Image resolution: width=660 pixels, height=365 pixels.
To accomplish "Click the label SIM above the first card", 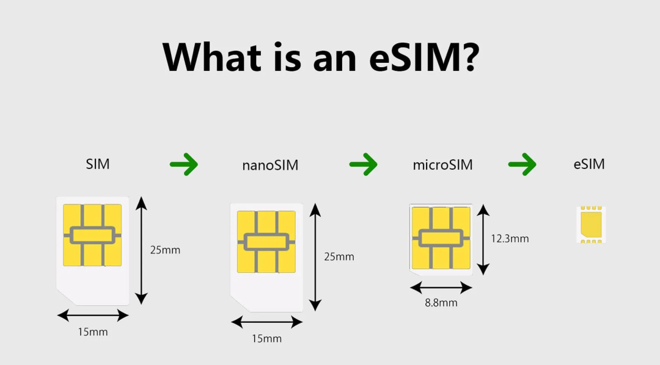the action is pyautogui.click(x=98, y=164).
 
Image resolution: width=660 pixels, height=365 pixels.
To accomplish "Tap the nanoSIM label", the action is pyautogui.click(x=270, y=165).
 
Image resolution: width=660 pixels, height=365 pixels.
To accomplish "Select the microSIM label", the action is pyautogui.click(x=443, y=165).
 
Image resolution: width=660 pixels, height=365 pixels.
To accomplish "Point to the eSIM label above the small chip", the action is pyautogui.click(x=589, y=164).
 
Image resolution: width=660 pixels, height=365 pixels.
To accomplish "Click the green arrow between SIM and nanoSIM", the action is pyautogui.click(x=184, y=164).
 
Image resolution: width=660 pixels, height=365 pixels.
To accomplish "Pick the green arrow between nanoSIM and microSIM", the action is pyautogui.click(x=363, y=164).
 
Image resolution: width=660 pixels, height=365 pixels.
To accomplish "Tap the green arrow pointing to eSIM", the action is pyautogui.click(x=522, y=164).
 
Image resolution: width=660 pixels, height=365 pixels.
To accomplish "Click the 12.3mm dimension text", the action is pyautogui.click(x=510, y=239).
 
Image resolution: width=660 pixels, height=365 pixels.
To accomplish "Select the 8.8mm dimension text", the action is pyautogui.click(x=441, y=303).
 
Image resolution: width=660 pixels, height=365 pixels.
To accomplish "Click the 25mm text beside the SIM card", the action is pyautogui.click(x=166, y=250).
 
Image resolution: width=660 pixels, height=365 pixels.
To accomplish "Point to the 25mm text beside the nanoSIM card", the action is pyautogui.click(x=339, y=257).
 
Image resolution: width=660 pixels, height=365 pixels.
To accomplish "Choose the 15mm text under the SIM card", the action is pyautogui.click(x=93, y=332).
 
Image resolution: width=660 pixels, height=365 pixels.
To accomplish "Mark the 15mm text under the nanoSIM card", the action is pyautogui.click(x=267, y=339).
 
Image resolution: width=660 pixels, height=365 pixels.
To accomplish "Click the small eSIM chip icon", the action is pyautogui.click(x=591, y=225).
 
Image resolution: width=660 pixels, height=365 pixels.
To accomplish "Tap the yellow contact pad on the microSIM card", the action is pyautogui.click(x=441, y=238).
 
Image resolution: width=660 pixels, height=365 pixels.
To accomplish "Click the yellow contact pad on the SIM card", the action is pyautogui.click(x=93, y=235).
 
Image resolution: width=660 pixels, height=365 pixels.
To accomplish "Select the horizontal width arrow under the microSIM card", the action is pyautogui.click(x=441, y=288).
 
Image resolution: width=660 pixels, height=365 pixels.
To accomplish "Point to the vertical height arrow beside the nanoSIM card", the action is pyautogui.click(x=315, y=258).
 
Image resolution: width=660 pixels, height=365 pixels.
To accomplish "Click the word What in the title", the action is pyautogui.click(x=212, y=57).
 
